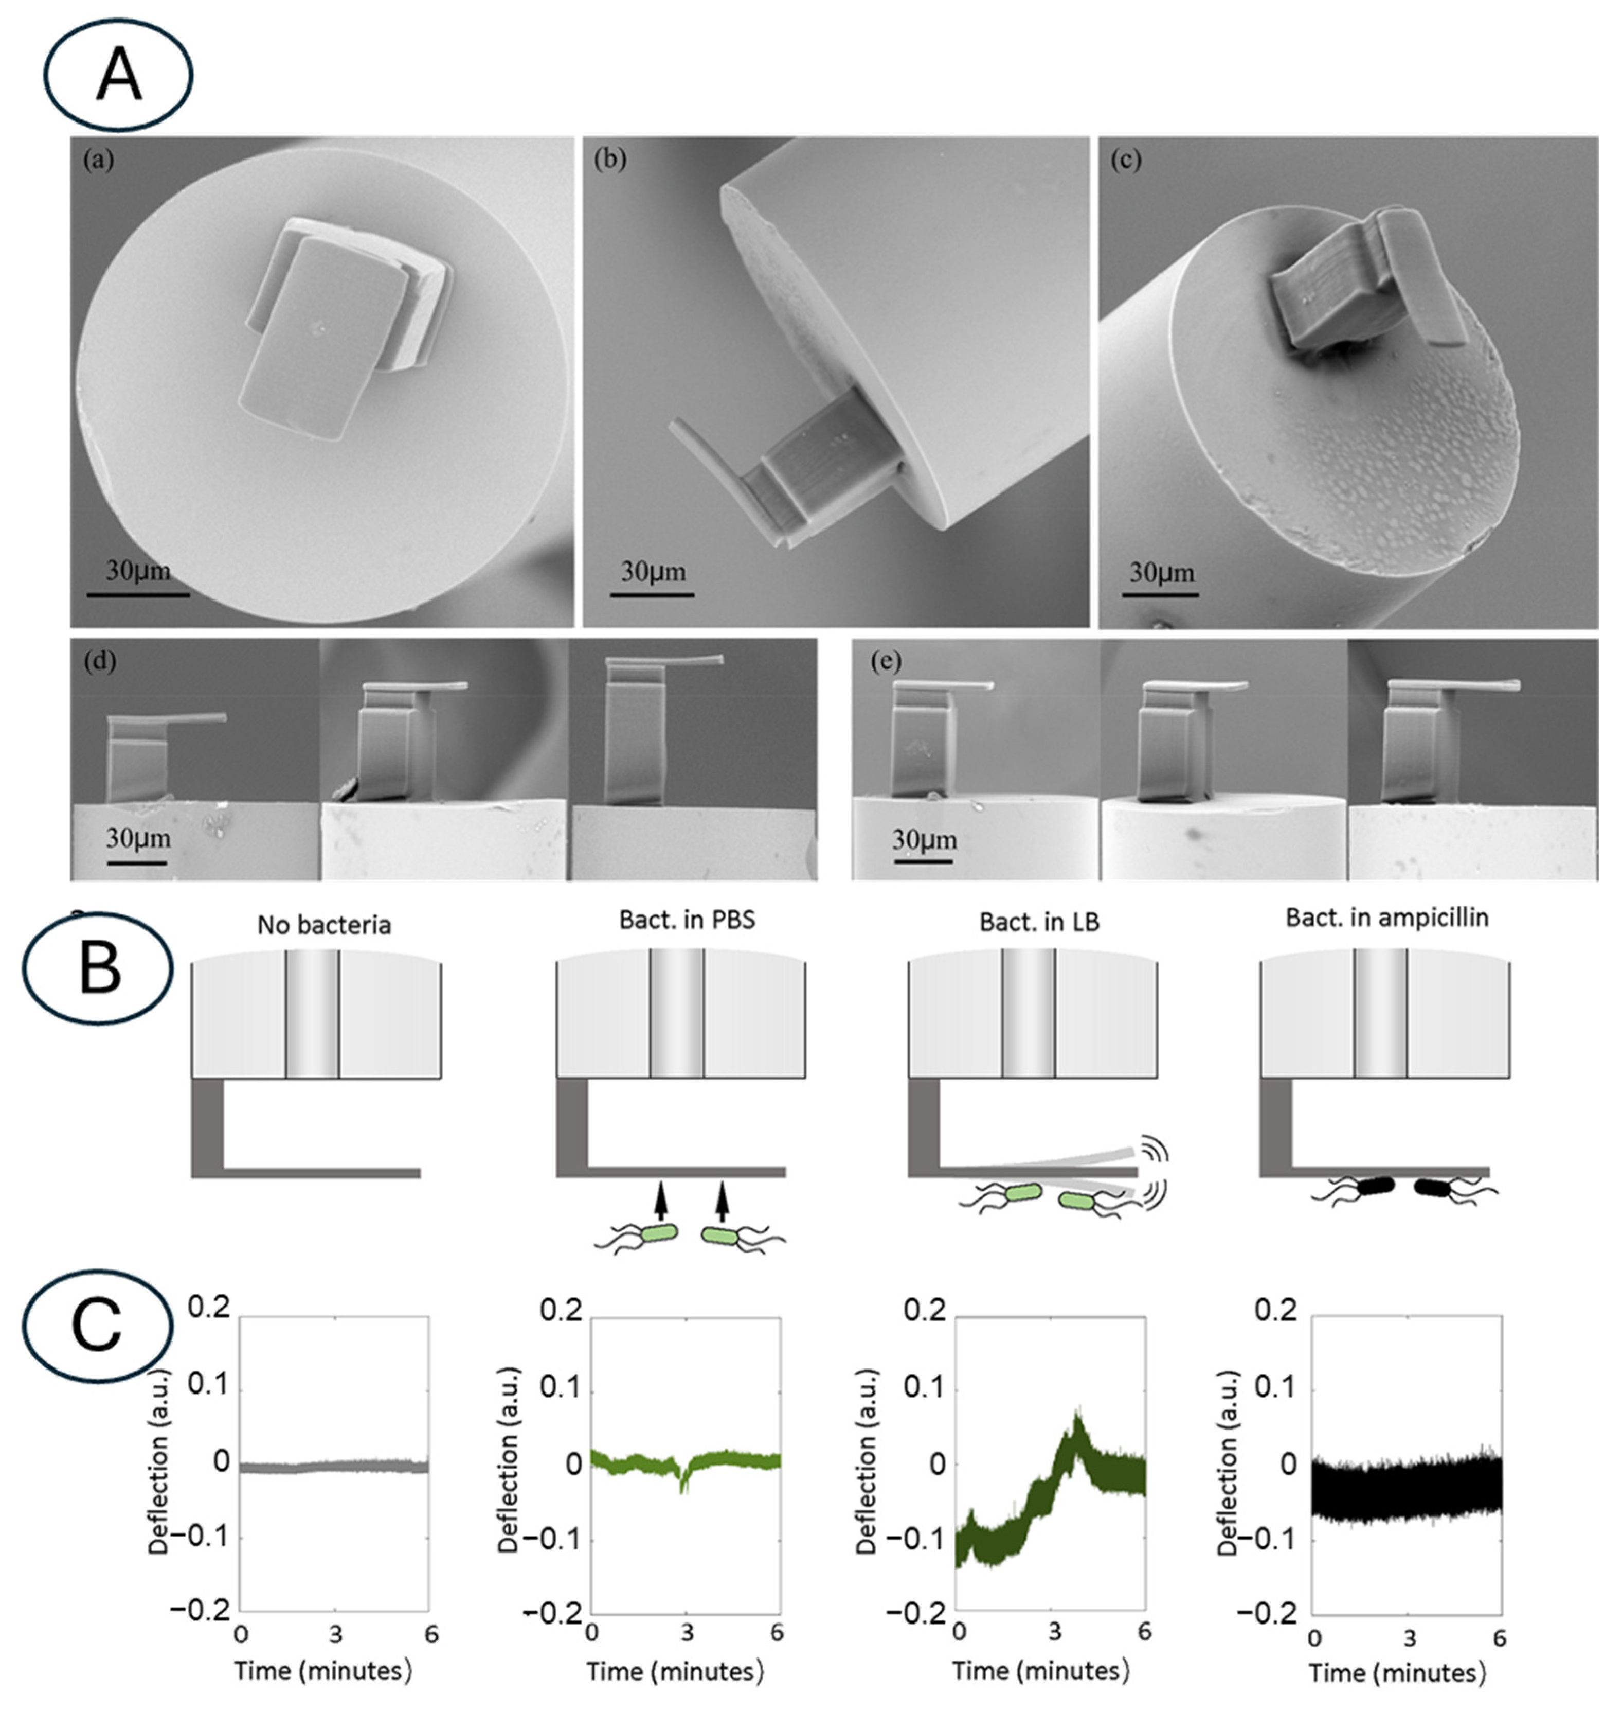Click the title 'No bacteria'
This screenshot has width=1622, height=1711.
tap(323, 925)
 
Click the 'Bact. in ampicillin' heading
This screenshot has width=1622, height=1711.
tap(1387, 918)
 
